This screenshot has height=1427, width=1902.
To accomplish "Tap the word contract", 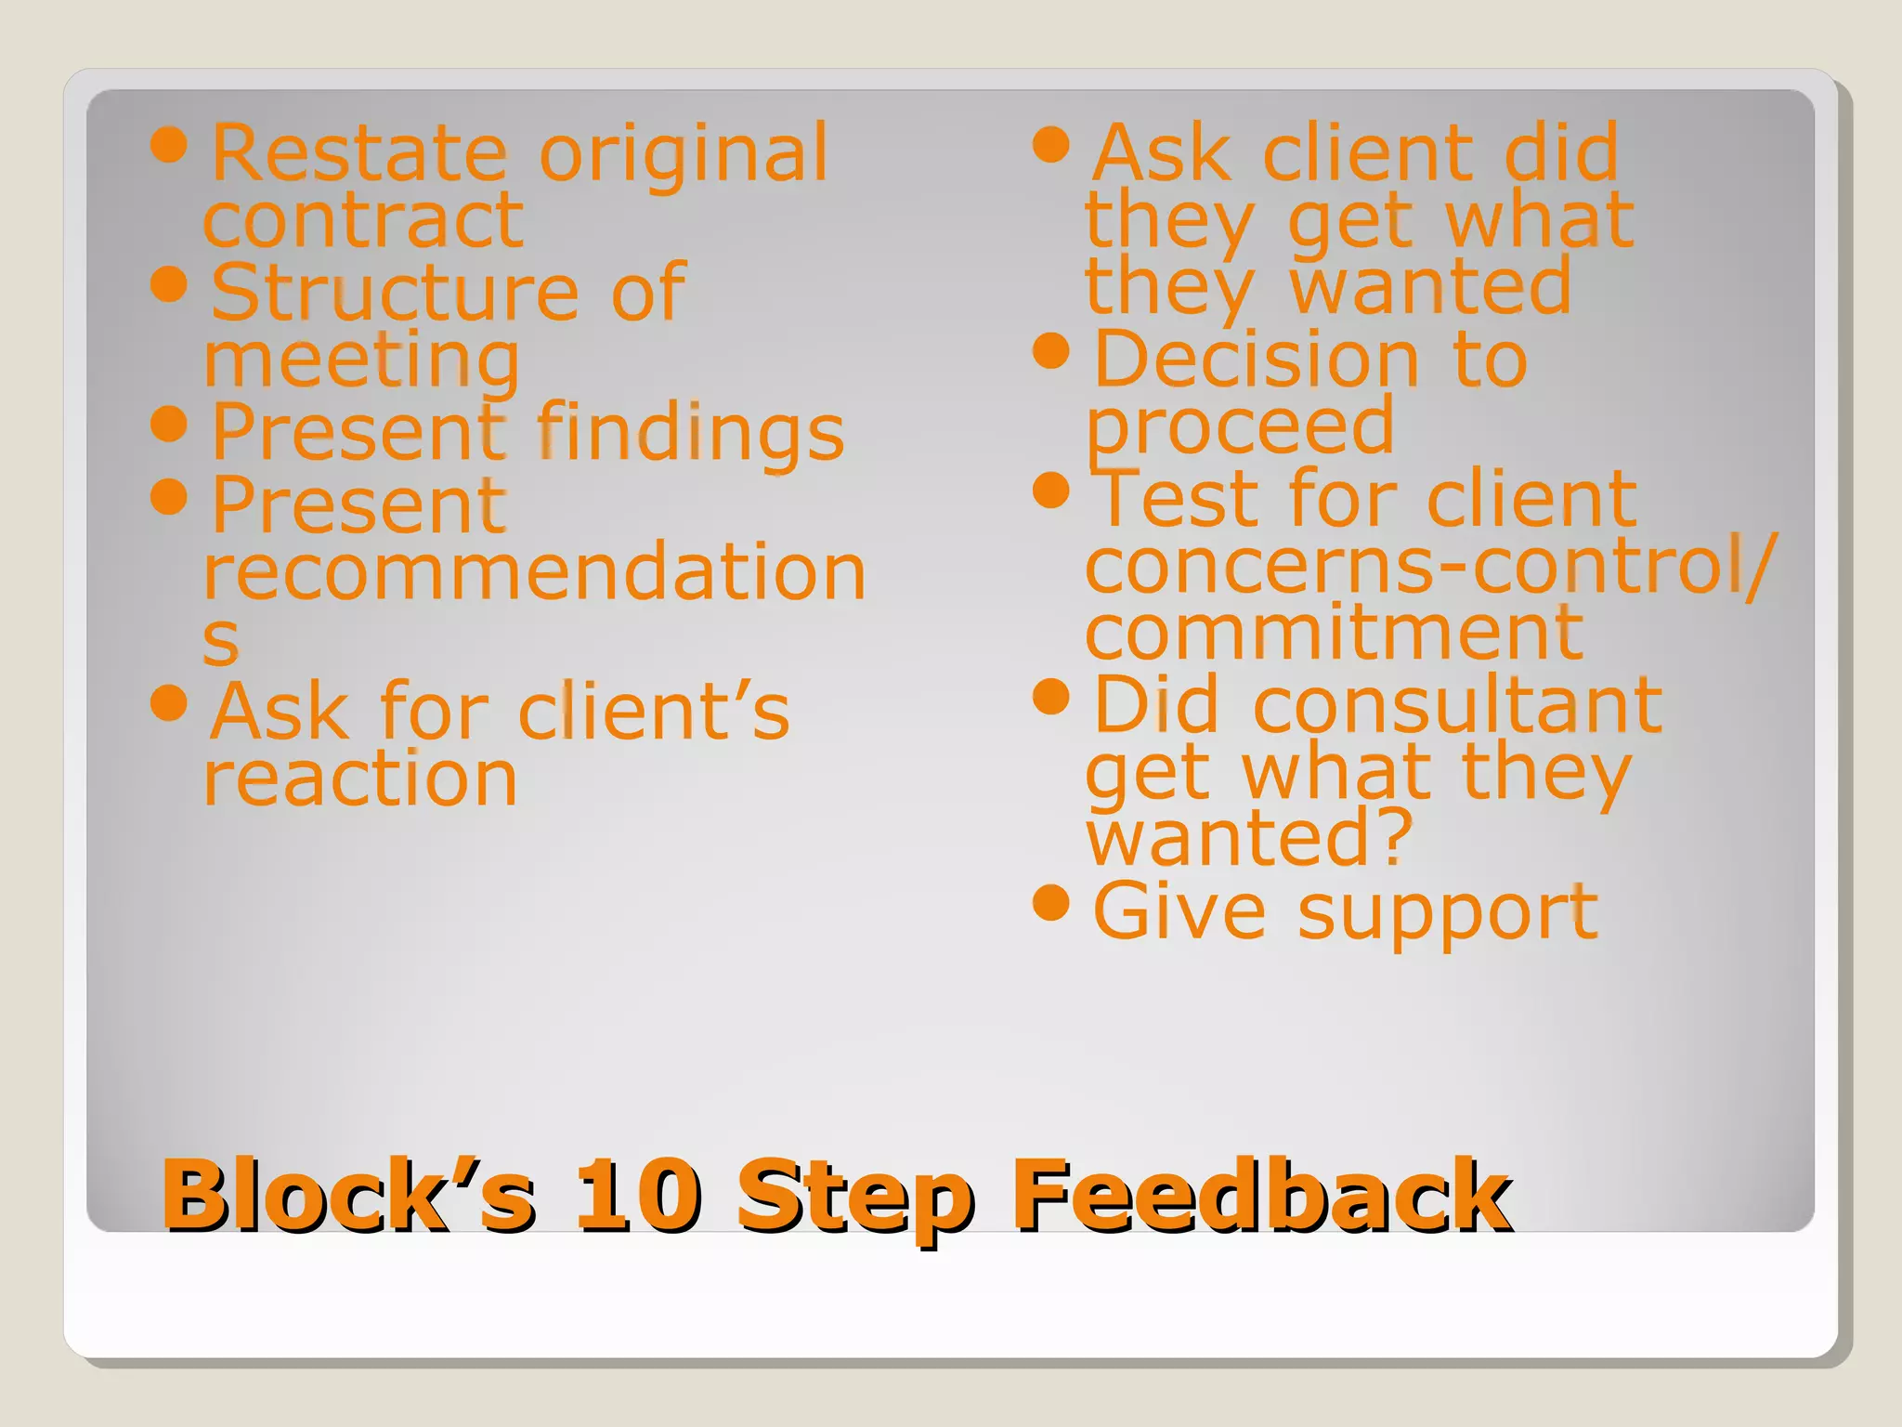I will tap(364, 220).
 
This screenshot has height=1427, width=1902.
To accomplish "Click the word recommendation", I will tap(535, 571).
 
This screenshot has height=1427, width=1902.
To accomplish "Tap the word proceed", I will tap(1241, 426).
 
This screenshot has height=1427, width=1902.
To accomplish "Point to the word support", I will tap(1447, 913).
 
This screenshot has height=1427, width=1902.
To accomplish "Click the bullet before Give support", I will tap(1051, 901).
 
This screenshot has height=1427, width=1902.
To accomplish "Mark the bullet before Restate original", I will tap(169, 144).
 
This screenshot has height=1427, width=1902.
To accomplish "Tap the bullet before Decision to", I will tap(1051, 351).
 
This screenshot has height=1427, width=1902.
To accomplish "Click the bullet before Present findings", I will tap(169, 424).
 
